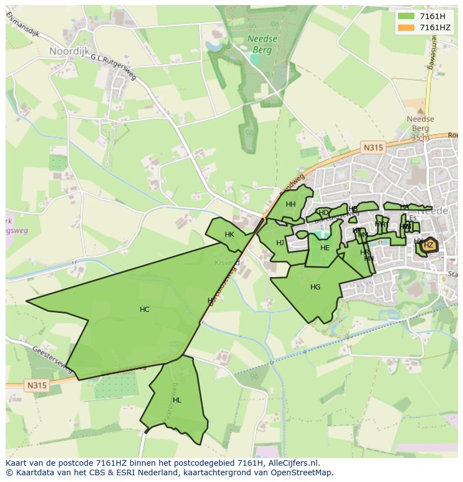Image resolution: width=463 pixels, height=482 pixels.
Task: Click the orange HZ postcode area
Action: (x=428, y=245)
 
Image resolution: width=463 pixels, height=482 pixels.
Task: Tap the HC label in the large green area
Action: (x=144, y=310)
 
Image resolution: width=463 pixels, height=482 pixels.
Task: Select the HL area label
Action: (x=177, y=400)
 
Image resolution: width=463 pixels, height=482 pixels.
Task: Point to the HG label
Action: (x=315, y=287)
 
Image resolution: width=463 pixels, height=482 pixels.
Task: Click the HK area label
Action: (x=229, y=235)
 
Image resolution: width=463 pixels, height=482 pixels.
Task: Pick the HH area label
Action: (x=290, y=204)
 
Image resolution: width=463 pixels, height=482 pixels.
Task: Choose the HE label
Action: (x=325, y=248)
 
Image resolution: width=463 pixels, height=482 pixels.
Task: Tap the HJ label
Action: (x=280, y=242)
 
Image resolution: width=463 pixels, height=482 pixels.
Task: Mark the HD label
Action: (x=323, y=213)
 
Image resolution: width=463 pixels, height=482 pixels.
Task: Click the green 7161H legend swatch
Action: (x=406, y=16)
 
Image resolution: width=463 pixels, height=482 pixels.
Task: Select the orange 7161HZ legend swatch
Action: (x=406, y=27)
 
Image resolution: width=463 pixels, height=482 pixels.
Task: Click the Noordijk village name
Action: (x=69, y=51)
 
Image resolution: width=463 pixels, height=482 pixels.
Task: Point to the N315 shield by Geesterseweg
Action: (x=36, y=385)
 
